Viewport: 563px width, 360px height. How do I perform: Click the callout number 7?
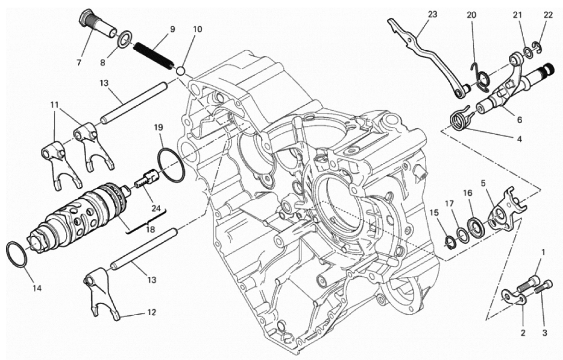pos(79,62)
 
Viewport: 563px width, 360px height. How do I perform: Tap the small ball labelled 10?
pos(181,70)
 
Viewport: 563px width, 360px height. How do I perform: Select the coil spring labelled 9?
pos(155,56)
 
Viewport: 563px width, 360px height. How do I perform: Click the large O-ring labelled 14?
pos(17,254)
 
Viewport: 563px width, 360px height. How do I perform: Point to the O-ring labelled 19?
pos(172,164)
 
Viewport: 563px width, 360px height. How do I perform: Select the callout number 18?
pos(151,229)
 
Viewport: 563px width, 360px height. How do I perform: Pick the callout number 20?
pos(471,15)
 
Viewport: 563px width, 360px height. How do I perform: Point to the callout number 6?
pos(519,120)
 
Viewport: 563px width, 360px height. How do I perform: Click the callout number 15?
pos(434,213)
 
